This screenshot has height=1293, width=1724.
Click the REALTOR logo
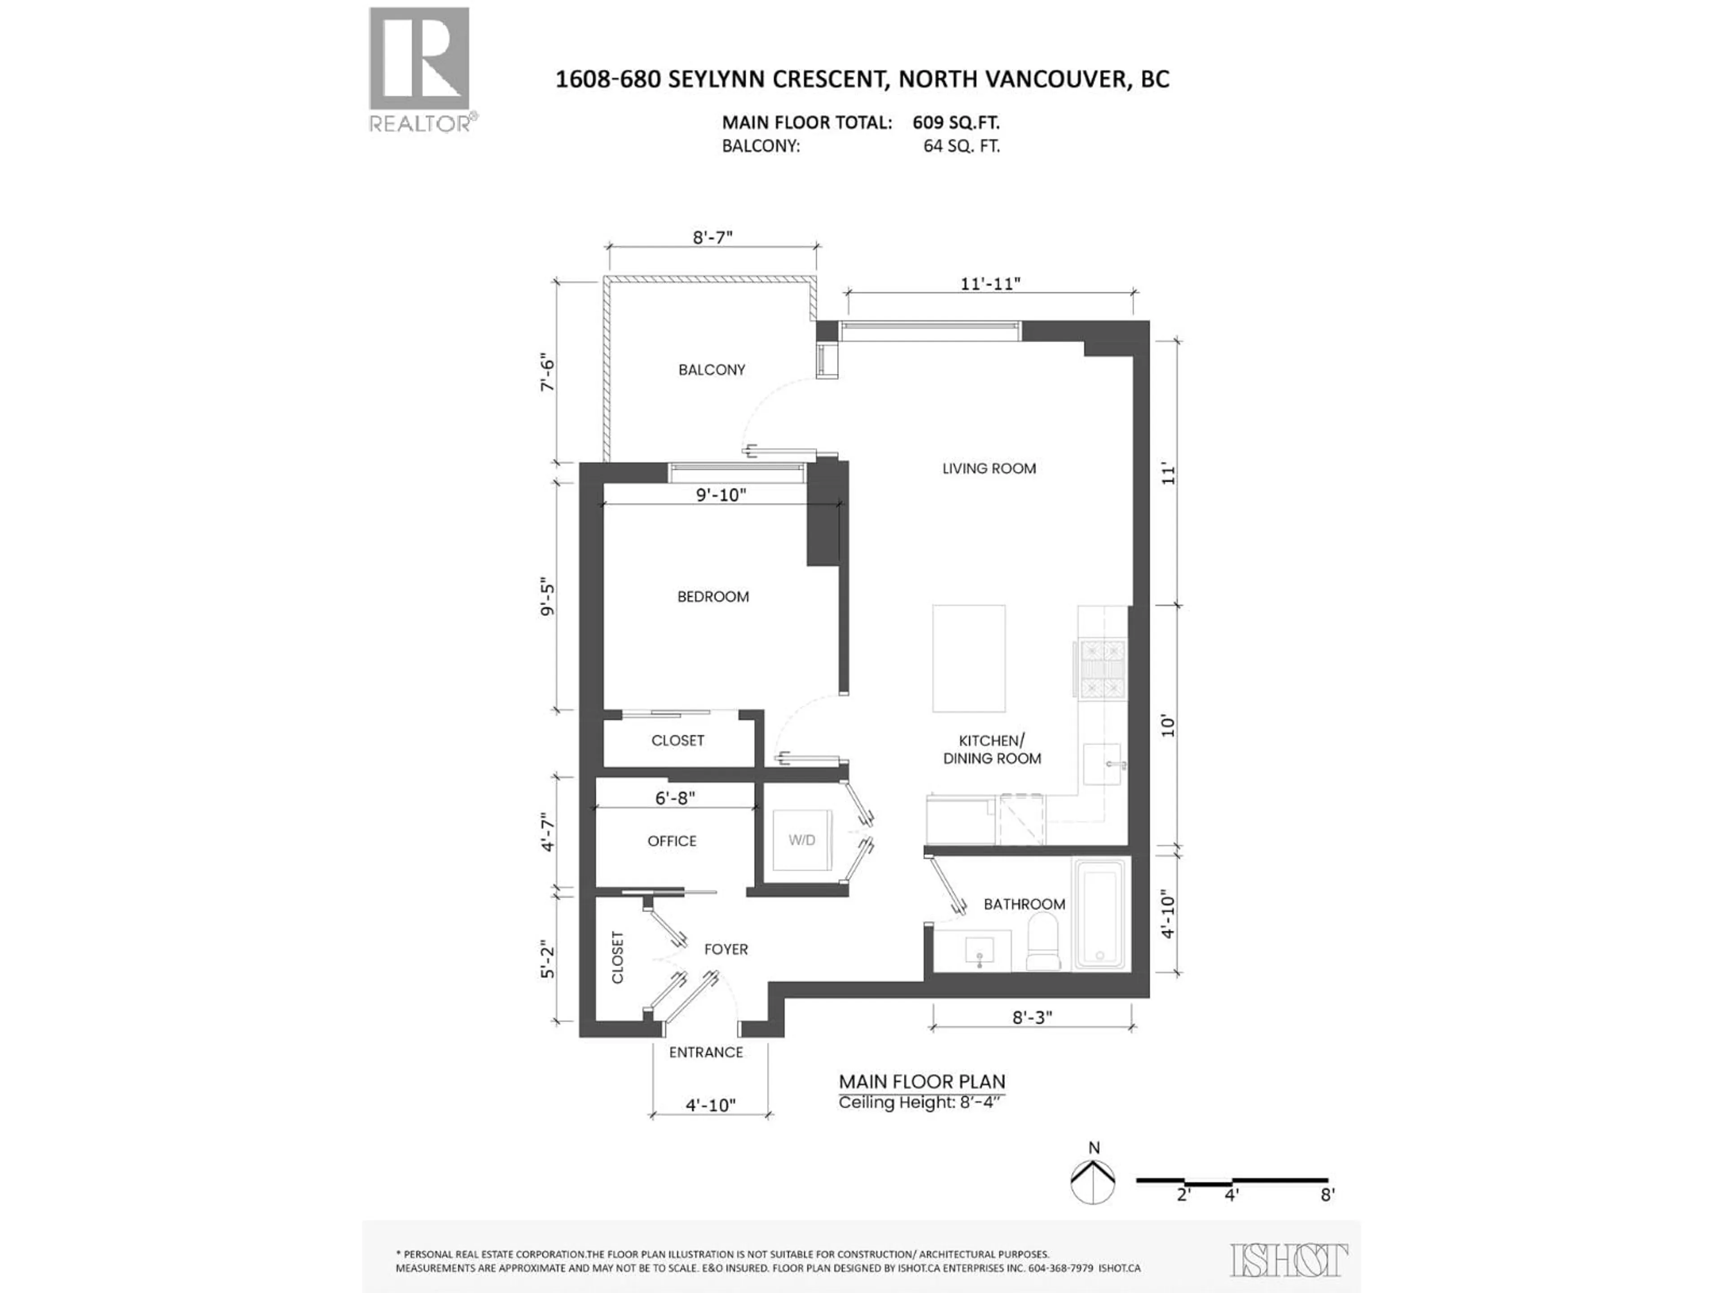[x=419, y=69]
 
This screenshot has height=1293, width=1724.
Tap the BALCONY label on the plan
[x=712, y=369]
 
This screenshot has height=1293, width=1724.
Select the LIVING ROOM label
[x=989, y=468]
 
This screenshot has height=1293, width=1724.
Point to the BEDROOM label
[x=713, y=596]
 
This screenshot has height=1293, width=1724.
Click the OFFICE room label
[x=672, y=841]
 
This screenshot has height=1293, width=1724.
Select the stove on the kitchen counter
[x=1102, y=667]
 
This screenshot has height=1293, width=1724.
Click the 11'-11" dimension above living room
[x=990, y=284]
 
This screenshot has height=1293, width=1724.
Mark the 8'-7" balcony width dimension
[x=713, y=237]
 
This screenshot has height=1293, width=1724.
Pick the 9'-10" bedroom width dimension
[x=721, y=495]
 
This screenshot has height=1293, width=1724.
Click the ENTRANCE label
[x=706, y=1052]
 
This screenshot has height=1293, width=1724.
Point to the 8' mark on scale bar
[x=1327, y=1195]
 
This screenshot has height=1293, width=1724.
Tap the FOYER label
[x=726, y=949]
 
